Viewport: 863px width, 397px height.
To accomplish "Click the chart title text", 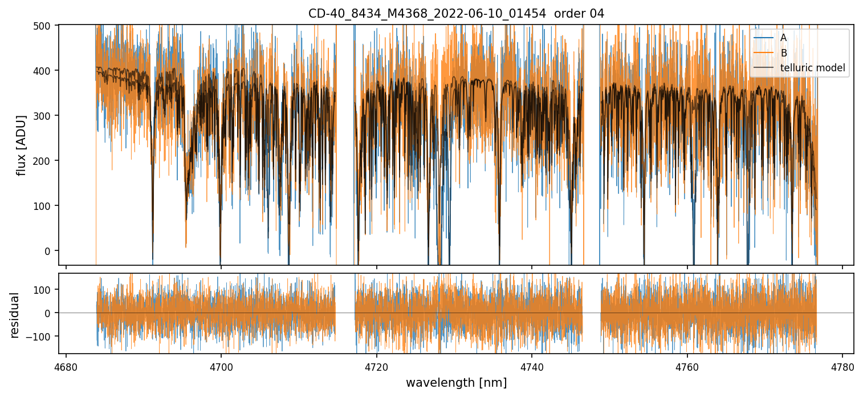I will coord(456,13).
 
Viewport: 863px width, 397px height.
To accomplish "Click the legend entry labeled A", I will coord(783,38).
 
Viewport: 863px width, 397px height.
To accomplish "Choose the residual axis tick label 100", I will coord(44,289).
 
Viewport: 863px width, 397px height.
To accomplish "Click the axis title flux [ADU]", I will coord(22,145).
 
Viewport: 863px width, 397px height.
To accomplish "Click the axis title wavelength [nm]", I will coord(456,383).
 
